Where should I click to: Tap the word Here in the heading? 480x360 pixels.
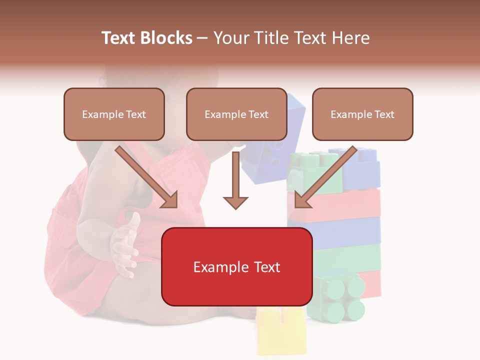pos(350,38)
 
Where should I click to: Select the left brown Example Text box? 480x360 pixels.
pos(114,114)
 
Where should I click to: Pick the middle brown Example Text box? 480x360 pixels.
pos(236,114)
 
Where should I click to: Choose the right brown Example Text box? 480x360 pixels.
pos(362,114)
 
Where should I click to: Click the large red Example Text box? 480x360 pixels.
pos(236,266)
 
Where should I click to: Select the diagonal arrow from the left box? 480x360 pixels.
pos(147,177)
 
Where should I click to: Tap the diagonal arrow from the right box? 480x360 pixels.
pos(325,177)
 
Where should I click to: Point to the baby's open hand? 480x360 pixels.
pos(126,242)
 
